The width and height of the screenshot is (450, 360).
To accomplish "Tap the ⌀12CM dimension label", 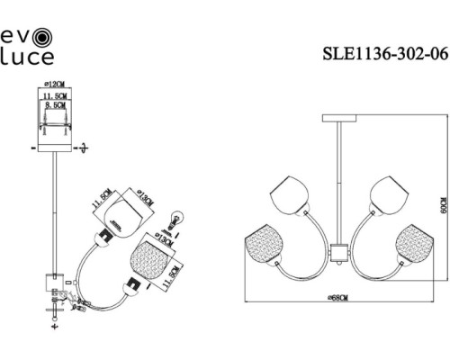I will pos(55,84).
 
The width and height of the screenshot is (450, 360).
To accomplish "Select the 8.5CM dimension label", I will pos(55,105).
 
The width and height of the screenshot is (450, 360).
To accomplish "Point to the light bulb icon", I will pos(177,217).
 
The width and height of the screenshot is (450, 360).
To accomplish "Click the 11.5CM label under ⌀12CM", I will pos(55,94).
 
